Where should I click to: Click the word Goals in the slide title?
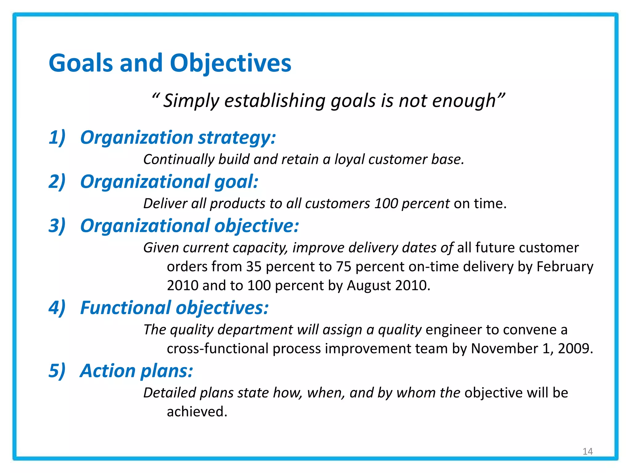(x=81, y=63)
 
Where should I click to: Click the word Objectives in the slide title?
(x=230, y=63)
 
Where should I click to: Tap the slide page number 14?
(x=588, y=451)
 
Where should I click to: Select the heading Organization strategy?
(x=178, y=137)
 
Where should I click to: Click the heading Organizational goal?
(x=169, y=181)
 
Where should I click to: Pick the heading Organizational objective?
(x=189, y=226)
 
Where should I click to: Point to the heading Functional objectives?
(x=174, y=308)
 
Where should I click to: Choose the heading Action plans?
(x=136, y=370)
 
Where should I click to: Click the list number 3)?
(x=57, y=226)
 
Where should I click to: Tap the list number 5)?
(x=57, y=370)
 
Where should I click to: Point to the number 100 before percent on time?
(x=386, y=204)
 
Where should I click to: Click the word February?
(x=565, y=267)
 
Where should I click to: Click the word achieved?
(x=197, y=412)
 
